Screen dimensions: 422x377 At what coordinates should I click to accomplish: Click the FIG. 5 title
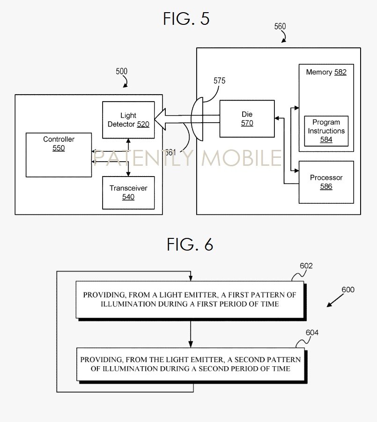(x=186, y=19)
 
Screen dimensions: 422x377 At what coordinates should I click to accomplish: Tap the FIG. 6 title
(x=190, y=244)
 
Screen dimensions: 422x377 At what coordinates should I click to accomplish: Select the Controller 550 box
(x=59, y=155)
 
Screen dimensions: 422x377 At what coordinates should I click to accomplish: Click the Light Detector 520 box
(x=128, y=120)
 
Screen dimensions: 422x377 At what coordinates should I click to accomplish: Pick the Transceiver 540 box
(x=128, y=192)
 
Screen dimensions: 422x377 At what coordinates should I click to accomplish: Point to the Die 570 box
(x=247, y=118)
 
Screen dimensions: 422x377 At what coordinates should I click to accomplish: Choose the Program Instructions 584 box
(x=326, y=131)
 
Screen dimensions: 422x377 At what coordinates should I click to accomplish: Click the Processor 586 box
(x=326, y=182)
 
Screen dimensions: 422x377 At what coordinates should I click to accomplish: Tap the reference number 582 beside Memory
(x=340, y=72)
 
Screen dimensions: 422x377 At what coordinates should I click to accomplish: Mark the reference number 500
(x=121, y=72)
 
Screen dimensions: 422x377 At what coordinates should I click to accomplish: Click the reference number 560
(x=280, y=27)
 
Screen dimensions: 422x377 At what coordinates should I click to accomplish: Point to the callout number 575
(x=219, y=81)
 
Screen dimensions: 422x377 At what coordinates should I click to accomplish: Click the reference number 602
(x=306, y=266)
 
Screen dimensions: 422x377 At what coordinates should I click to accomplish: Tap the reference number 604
(x=312, y=333)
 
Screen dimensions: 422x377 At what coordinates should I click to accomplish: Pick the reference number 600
(x=348, y=290)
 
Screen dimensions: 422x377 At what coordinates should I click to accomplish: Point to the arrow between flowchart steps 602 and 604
(x=190, y=333)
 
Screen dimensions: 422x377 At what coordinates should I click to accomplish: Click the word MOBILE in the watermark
(x=241, y=158)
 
